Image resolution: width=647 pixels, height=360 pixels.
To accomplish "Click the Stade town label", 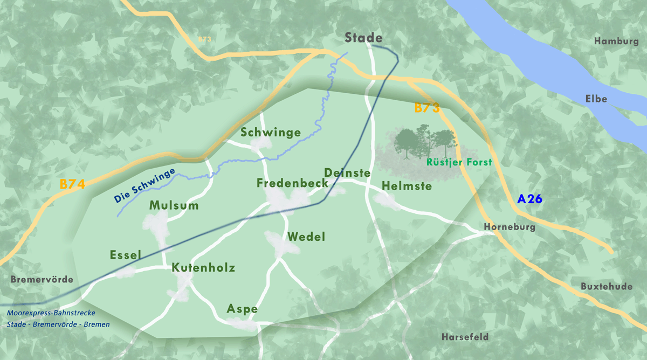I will pos(364,38).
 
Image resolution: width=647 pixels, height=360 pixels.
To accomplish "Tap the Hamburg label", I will pos(616,41).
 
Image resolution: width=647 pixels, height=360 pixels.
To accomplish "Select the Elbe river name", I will pos(596,99).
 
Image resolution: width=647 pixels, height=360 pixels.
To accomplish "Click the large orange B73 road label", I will pos(427,108).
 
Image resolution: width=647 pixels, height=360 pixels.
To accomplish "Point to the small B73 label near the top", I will pos(205,39).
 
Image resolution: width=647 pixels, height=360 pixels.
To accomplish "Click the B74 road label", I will pos(72,184).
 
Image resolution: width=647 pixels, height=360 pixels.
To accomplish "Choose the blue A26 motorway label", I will pos(529,199).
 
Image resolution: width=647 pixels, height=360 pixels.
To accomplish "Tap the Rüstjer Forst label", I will pos(459,162).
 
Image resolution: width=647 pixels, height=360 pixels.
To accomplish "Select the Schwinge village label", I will pos(271,133).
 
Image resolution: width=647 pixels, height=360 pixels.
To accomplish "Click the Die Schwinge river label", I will pos(145,186).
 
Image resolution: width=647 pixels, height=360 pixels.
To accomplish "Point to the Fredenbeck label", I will pos(292,183).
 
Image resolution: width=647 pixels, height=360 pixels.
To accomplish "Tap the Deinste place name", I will pos(347,173).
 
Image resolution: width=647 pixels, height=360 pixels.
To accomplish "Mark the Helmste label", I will pos(407,186).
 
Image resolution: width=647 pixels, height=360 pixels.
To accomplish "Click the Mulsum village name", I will pos(174,205).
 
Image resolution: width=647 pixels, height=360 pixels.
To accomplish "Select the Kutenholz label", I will pos(203,268).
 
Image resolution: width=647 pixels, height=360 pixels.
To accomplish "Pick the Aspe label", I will pos(242,309).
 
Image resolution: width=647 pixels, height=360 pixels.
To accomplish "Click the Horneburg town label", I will pos(510,227).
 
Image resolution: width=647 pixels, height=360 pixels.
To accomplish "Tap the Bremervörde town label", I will pos(42,280).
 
